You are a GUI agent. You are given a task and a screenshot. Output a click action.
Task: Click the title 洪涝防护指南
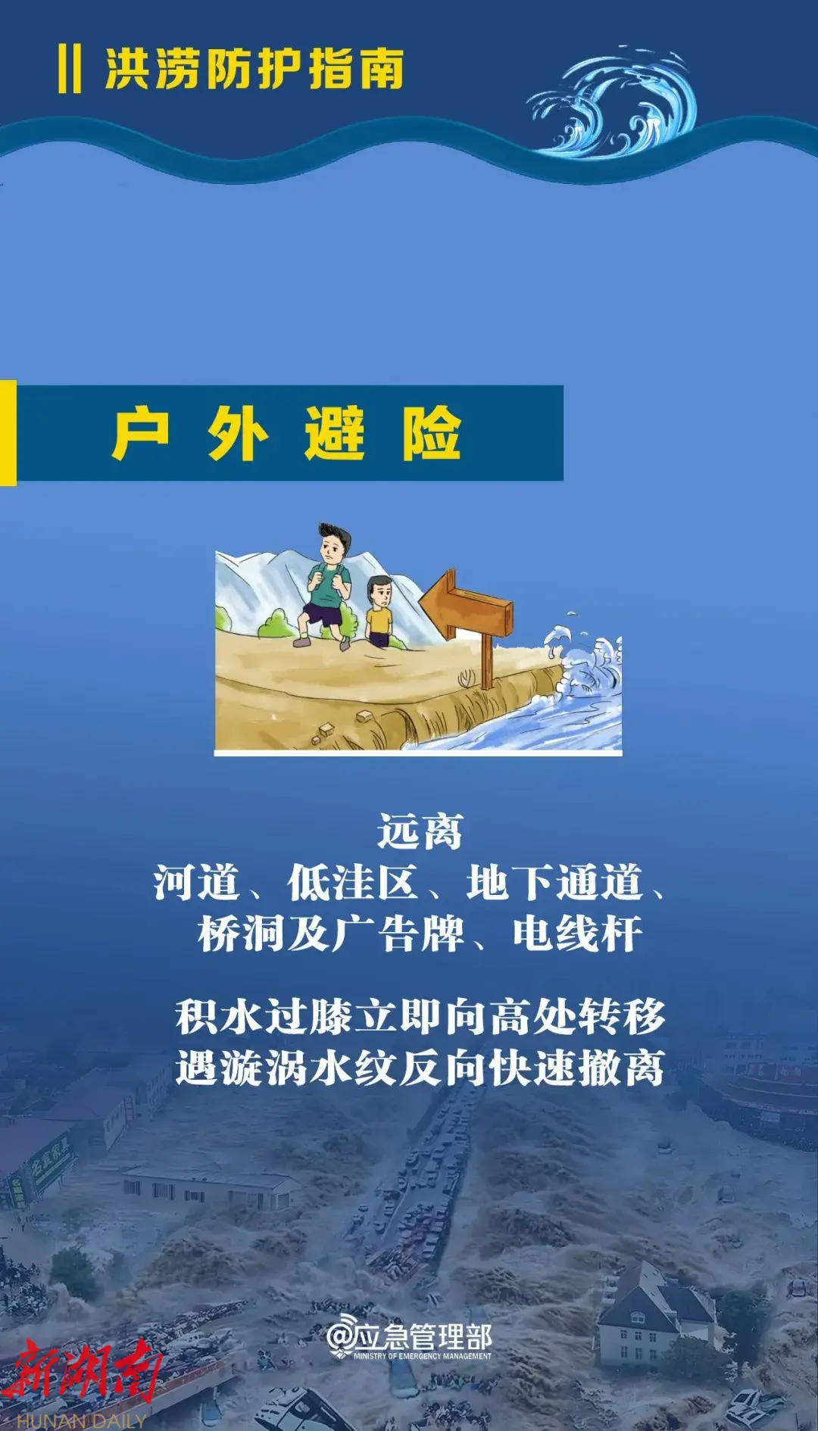pyautogui.click(x=254, y=69)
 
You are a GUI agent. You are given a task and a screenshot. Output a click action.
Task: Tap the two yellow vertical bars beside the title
pyautogui.click(x=70, y=69)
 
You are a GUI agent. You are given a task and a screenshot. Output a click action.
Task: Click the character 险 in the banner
pyautogui.click(x=431, y=433)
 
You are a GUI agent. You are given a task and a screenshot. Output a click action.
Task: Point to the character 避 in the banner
pyautogui.click(x=334, y=433)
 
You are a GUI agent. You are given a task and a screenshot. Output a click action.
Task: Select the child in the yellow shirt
pyautogui.click(x=379, y=612)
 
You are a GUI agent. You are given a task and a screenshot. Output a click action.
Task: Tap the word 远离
pyautogui.click(x=420, y=832)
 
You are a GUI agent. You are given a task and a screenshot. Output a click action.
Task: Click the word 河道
pyautogui.click(x=196, y=883)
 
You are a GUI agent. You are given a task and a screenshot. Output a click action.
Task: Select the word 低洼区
pyautogui.click(x=352, y=883)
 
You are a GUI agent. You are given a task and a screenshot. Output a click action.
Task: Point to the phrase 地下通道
pyautogui.click(x=554, y=883)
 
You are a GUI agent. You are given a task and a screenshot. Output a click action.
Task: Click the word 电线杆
pyautogui.click(x=577, y=934)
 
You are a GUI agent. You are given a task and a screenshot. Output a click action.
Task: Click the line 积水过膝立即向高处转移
pyautogui.click(x=420, y=1017)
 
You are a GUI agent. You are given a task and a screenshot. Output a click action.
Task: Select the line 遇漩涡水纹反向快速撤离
pyautogui.click(x=420, y=1068)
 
